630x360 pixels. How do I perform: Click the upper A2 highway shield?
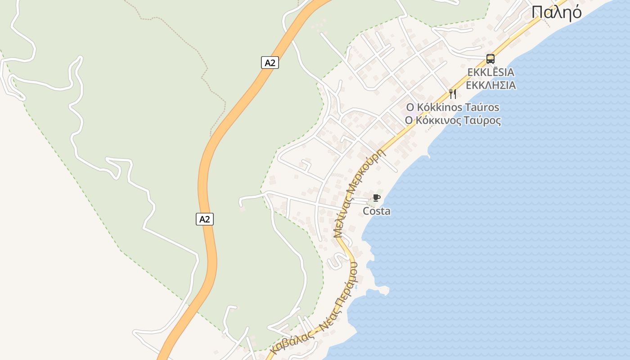[x=270, y=63]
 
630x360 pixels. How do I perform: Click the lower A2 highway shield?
[x=205, y=219]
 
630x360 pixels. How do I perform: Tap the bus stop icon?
[x=490, y=59]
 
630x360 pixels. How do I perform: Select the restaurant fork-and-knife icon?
[x=453, y=94]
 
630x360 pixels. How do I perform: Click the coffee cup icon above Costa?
[x=376, y=198]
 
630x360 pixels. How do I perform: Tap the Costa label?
[x=377, y=211]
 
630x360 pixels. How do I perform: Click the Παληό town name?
[x=556, y=13]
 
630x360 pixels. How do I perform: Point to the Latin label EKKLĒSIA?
[x=490, y=72]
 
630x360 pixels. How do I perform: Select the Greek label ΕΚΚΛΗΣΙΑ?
[x=490, y=85]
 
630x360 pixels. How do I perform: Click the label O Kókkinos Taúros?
[x=453, y=107]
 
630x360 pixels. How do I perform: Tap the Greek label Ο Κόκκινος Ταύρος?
[x=453, y=121]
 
